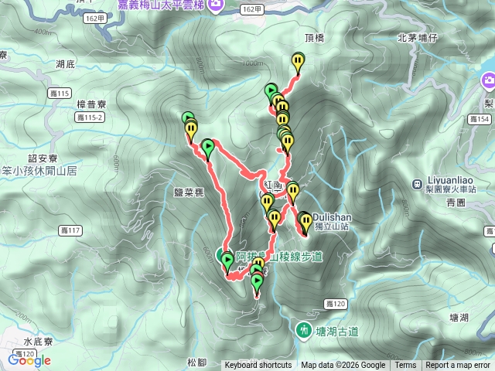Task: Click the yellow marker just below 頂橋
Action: coord(298,61)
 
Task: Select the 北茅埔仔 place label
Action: coord(418,37)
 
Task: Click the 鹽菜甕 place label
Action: coord(189,194)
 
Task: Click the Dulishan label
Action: coord(334,217)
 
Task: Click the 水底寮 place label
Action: coord(37,340)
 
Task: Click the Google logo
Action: coord(29,359)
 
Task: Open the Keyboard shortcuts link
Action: coord(258,366)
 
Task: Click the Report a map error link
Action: coord(459,366)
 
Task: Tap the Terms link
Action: coord(405,366)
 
